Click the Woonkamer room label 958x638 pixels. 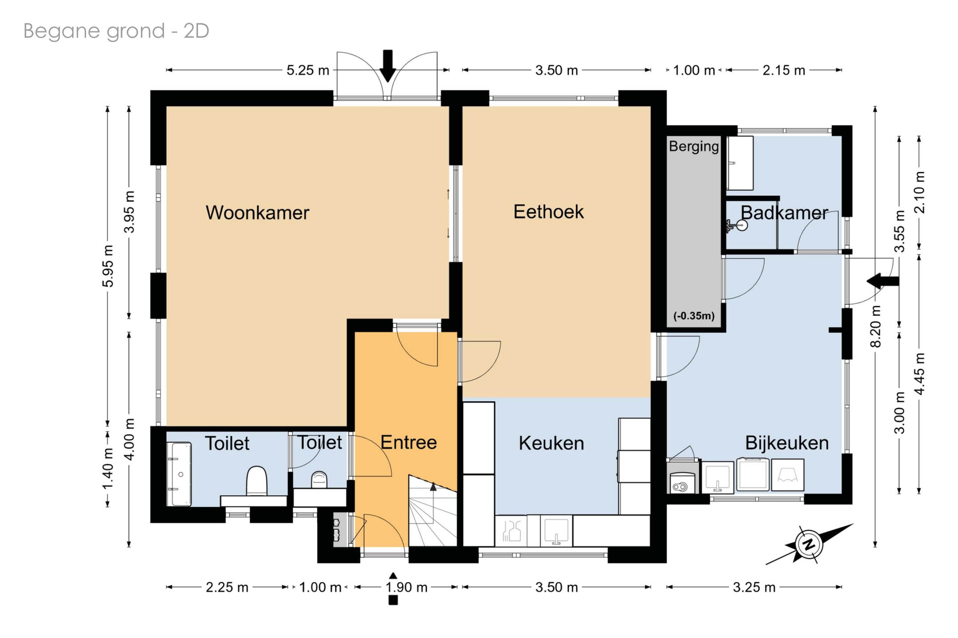(257, 212)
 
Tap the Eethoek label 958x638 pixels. (549, 211)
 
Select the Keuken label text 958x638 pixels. (551, 443)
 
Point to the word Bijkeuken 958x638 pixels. (787, 443)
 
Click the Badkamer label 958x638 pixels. (784, 213)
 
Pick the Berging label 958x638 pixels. (694, 146)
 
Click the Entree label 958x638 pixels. (408, 442)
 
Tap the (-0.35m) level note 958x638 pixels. (694, 316)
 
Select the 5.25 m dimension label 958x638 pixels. (308, 70)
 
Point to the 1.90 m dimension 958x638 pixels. (406, 587)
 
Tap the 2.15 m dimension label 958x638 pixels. (784, 70)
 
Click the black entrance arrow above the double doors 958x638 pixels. (388, 66)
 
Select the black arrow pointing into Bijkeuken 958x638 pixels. (883, 281)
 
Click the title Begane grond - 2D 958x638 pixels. (116, 31)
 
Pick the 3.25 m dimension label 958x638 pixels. (754, 587)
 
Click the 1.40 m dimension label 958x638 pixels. (108, 469)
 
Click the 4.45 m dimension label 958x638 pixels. (919, 373)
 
